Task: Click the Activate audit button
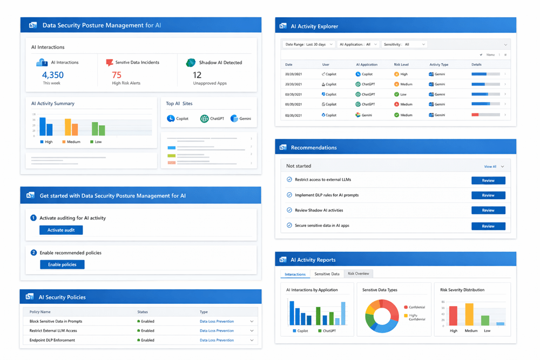(x=61, y=230)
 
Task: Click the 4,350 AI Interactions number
(x=53, y=75)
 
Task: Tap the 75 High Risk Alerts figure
(x=117, y=75)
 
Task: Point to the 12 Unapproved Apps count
(x=197, y=75)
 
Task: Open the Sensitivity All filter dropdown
(x=404, y=44)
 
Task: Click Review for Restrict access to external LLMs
(x=488, y=180)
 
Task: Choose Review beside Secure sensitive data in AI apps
(x=488, y=226)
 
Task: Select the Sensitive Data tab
(x=327, y=274)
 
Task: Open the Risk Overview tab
(x=359, y=274)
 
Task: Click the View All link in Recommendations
(x=490, y=167)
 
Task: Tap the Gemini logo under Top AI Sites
(x=234, y=118)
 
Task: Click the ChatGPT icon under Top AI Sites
(x=204, y=118)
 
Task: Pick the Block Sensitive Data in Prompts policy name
(x=56, y=321)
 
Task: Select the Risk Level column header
(x=401, y=65)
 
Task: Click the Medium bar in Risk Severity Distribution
(x=469, y=314)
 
